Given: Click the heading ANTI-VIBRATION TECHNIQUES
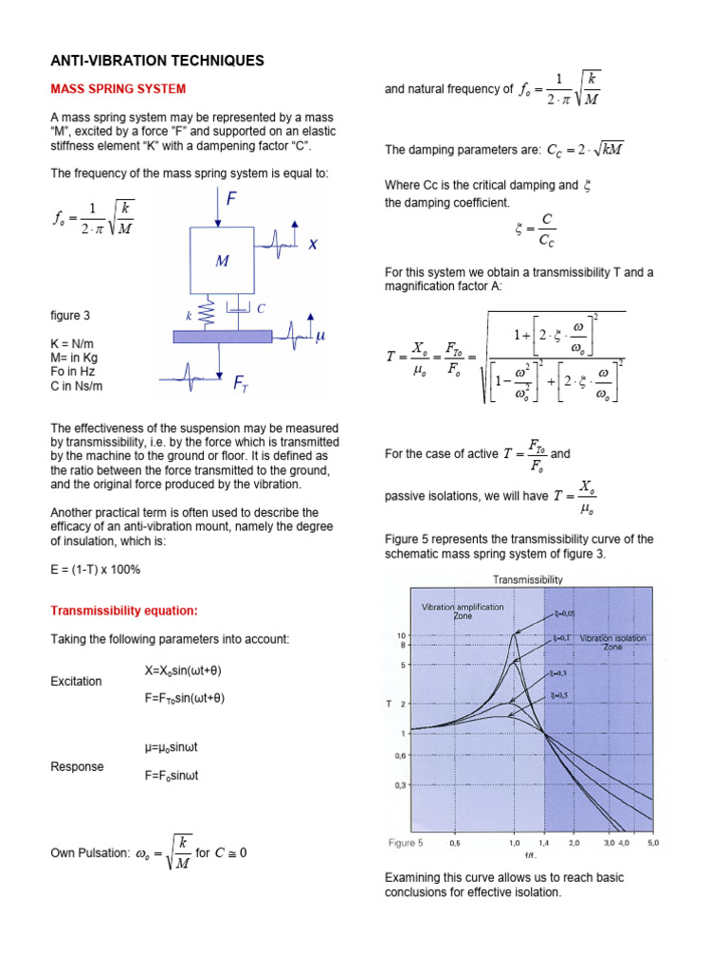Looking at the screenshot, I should tap(156, 61).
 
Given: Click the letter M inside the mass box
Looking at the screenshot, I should tap(221, 261).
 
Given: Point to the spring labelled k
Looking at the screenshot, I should tap(212, 310).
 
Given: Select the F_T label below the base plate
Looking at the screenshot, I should tap(241, 382).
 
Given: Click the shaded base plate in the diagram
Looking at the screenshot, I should tap(222, 335).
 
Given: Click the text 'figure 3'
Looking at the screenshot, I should tap(70, 316).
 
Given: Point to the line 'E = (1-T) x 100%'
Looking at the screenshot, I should tap(95, 570).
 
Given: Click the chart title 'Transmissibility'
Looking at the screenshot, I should tap(528, 579).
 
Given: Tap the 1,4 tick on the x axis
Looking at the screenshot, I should tap(544, 842).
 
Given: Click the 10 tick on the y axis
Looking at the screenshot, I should tap(401, 634).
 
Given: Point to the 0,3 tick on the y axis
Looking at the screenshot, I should tap(400, 785).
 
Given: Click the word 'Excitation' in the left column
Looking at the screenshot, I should tap(75, 682).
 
